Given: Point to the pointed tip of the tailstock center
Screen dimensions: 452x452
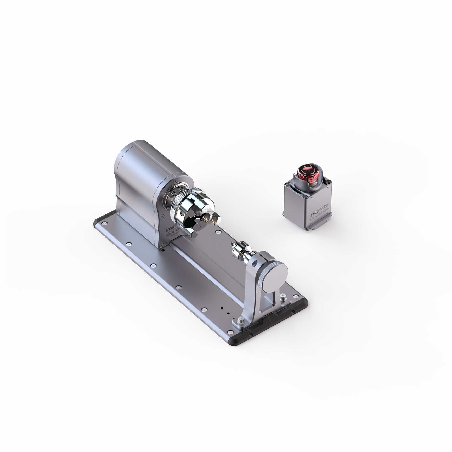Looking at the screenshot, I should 233,244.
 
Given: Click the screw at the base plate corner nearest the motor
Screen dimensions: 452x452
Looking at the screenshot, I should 105,224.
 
